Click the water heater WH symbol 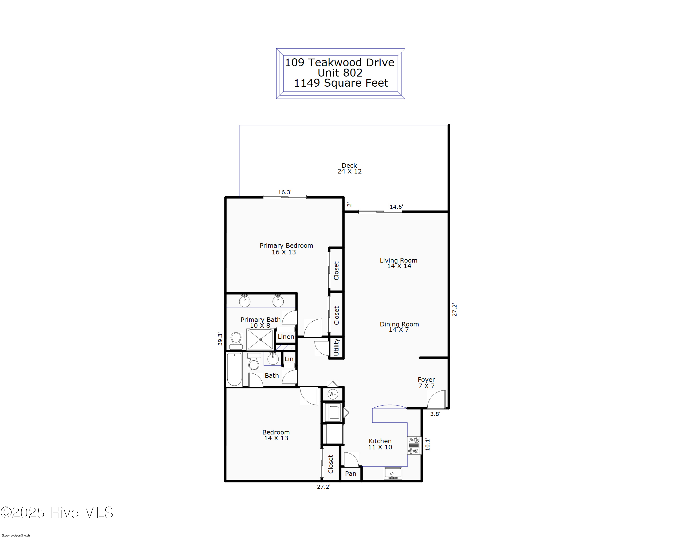click(x=333, y=394)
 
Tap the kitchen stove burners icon click(x=414, y=445)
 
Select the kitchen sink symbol click(x=393, y=473)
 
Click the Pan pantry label click(x=350, y=474)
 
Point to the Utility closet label click(x=336, y=347)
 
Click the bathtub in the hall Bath click(x=234, y=369)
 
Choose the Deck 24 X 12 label click(x=349, y=168)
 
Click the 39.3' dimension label click(x=220, y=339)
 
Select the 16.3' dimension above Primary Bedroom click(x=284, y=192)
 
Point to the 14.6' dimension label click(x=396, y=207)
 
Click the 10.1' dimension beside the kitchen click(x=427, y=444)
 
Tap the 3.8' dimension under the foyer click(x=435, y=414)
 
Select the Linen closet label click(x=286, y=337)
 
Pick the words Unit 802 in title click(x=340, y=73)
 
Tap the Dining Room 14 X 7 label click(x=399, y=327)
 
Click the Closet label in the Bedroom click(x=330, y=464)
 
